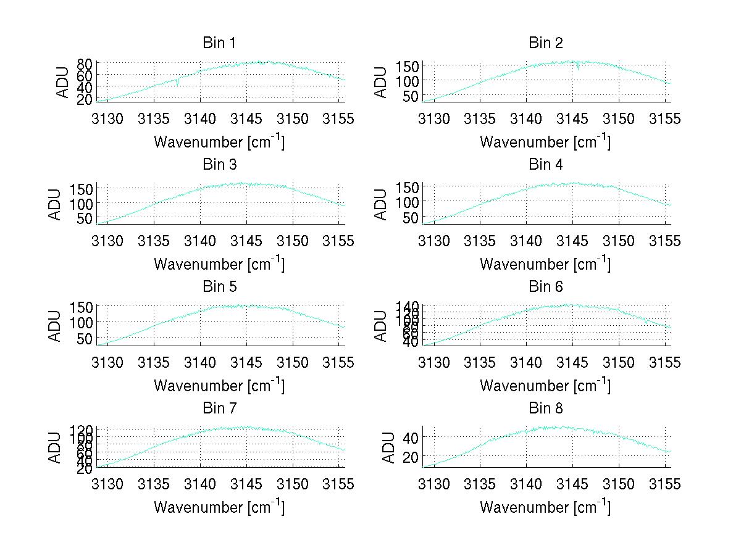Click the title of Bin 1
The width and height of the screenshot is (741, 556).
tap(219, 43)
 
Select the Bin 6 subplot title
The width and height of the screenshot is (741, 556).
tap(545, 287)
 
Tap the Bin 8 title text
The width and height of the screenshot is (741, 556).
tap(545, 409)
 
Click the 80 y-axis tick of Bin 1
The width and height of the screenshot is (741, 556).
tap(85, 64)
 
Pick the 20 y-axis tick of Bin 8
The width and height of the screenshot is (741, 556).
tap(411, 456)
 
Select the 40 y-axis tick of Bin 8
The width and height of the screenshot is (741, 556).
tap(411, 437)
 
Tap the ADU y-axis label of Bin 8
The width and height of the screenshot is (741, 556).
tap(390, 447)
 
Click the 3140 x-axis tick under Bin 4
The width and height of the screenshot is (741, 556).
tap(526, 240)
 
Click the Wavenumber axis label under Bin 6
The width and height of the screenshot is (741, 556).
tap(545, 386)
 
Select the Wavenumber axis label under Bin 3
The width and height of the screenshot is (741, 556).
tap(219, 264)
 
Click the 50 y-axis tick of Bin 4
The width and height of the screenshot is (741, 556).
tap(411, 217)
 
